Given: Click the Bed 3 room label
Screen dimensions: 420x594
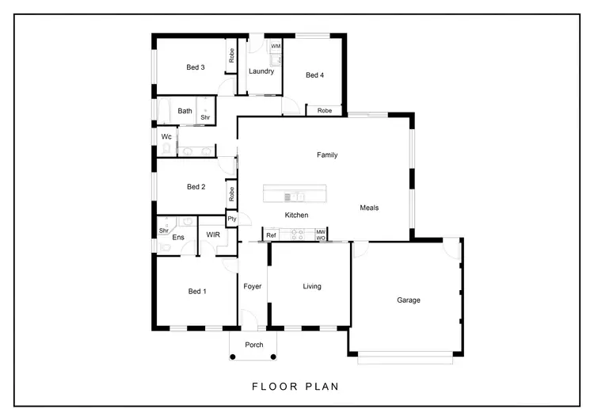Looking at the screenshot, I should pos(196,67).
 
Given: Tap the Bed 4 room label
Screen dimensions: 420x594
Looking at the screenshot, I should pos(314,75).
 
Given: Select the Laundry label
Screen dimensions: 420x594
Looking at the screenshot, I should pos(261,71).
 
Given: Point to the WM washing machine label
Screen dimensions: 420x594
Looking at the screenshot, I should pos(276,47).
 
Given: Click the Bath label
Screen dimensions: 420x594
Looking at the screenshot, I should pos(185,111).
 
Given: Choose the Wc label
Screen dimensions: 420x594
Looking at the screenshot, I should pos(166,136).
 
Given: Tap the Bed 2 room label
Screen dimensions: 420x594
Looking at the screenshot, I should pos(196,187).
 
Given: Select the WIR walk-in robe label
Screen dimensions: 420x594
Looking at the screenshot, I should pos(213,235).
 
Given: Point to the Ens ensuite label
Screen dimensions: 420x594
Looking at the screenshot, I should pos(178,237).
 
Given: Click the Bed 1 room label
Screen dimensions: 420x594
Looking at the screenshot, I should pos(196,292).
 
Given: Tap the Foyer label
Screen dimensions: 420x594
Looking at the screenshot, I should pos(253,286).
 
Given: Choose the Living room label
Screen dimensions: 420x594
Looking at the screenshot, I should pos(312,286).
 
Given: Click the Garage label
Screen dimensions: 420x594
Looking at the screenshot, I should pos(409,300).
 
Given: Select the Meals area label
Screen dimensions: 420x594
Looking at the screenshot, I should pos(369,208).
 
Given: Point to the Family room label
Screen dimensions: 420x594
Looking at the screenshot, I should pos(327,155).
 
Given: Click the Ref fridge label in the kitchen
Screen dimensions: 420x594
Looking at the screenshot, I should pos(271,235).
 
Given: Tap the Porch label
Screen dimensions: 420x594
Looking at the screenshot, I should pos(254,345).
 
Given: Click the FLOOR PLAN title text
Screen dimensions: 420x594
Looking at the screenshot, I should pos(295,388).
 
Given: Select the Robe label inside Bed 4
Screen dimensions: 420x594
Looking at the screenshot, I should pos(325,111).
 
